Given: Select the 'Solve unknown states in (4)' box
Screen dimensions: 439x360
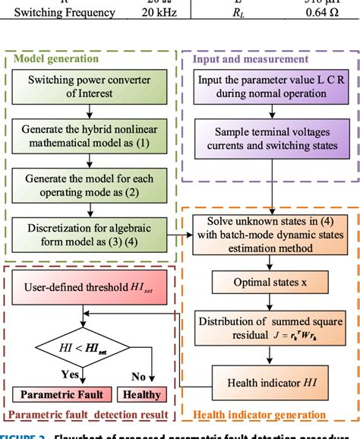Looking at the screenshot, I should pos(269,237).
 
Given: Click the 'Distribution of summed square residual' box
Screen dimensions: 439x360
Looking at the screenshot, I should pos(269,328).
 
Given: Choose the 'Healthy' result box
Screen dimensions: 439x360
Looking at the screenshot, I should pos(142,393).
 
